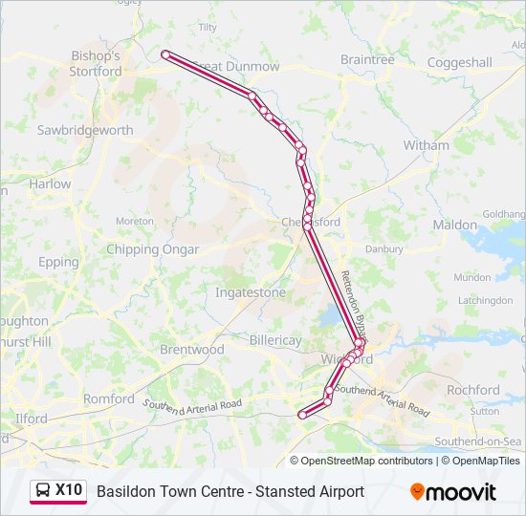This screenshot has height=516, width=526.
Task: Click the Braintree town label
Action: [x=367, y=59]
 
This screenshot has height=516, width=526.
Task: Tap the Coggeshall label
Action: [x=459, y=63]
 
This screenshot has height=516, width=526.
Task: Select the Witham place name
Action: [x=426, y=145]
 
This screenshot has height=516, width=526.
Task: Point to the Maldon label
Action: [x=454, y=226]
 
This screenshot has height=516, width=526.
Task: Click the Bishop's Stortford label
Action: [x=96, y=64]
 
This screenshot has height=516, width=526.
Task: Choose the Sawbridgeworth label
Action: [x=85, y=130]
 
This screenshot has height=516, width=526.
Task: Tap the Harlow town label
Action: [x=50, y=183]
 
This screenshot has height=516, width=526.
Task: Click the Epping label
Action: [x=59, y=262]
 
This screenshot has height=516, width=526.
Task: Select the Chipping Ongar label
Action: [x=153, y=249]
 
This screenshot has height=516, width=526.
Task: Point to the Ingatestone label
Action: [x=250, y=292]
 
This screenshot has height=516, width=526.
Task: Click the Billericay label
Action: [x=274, y=340]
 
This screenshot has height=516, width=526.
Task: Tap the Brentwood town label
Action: [x=191, y=350]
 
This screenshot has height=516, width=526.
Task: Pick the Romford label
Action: [x=109, y=398]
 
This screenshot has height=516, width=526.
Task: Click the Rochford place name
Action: [x=473, y=390]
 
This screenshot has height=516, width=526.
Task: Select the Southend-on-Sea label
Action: [x=477, y=441]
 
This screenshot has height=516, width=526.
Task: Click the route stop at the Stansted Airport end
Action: [x=165, y=55]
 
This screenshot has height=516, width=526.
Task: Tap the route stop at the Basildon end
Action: [x=303, y=415]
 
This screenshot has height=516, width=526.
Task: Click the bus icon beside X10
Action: [x=43, y=491]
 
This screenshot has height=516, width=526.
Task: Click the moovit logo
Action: [x=453, y=492]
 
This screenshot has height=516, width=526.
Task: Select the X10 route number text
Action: [x=69, y=490]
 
